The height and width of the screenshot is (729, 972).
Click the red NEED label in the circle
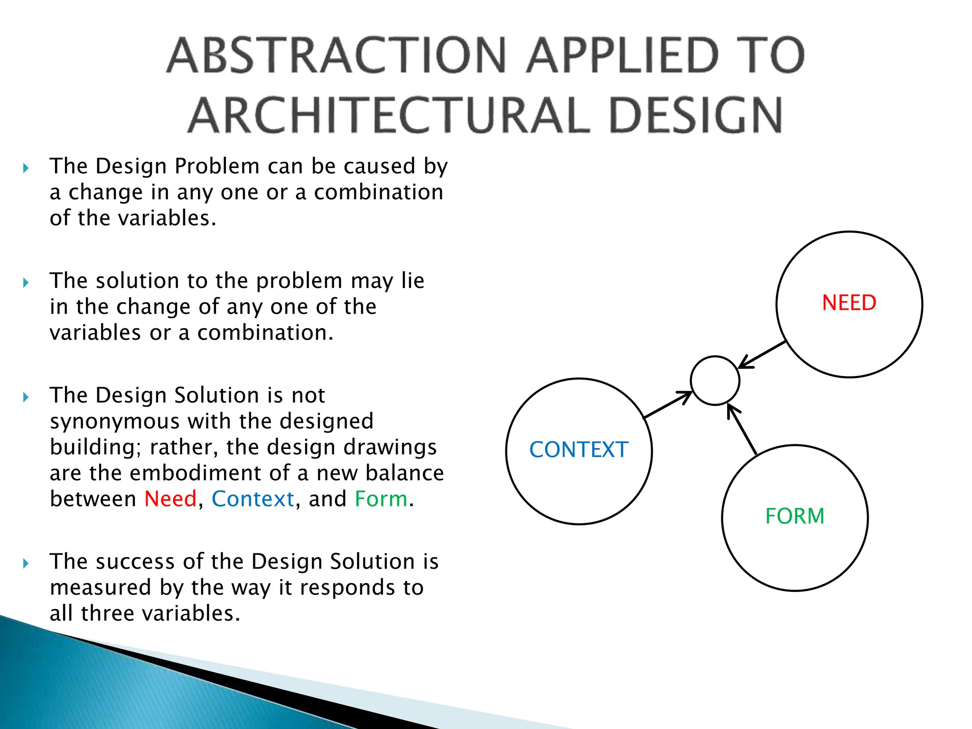click(849, 303)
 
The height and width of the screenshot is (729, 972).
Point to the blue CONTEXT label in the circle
click(579, 450)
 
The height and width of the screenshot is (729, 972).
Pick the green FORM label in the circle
click(795, 516)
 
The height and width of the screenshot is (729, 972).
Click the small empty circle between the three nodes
click(715, 381)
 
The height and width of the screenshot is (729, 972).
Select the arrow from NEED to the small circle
click(763, 355)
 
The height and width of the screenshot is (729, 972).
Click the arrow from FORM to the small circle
click(742, 429)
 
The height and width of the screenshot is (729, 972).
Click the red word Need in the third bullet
click(170, 499)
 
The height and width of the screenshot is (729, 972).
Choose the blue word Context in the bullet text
click(253, 499)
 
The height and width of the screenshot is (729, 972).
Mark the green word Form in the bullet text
click(381, 499)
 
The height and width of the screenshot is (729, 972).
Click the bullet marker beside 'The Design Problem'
click(26, 168)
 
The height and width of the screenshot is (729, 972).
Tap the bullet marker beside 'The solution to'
click(26, 283)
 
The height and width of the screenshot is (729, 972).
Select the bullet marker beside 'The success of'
click(26, 563)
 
